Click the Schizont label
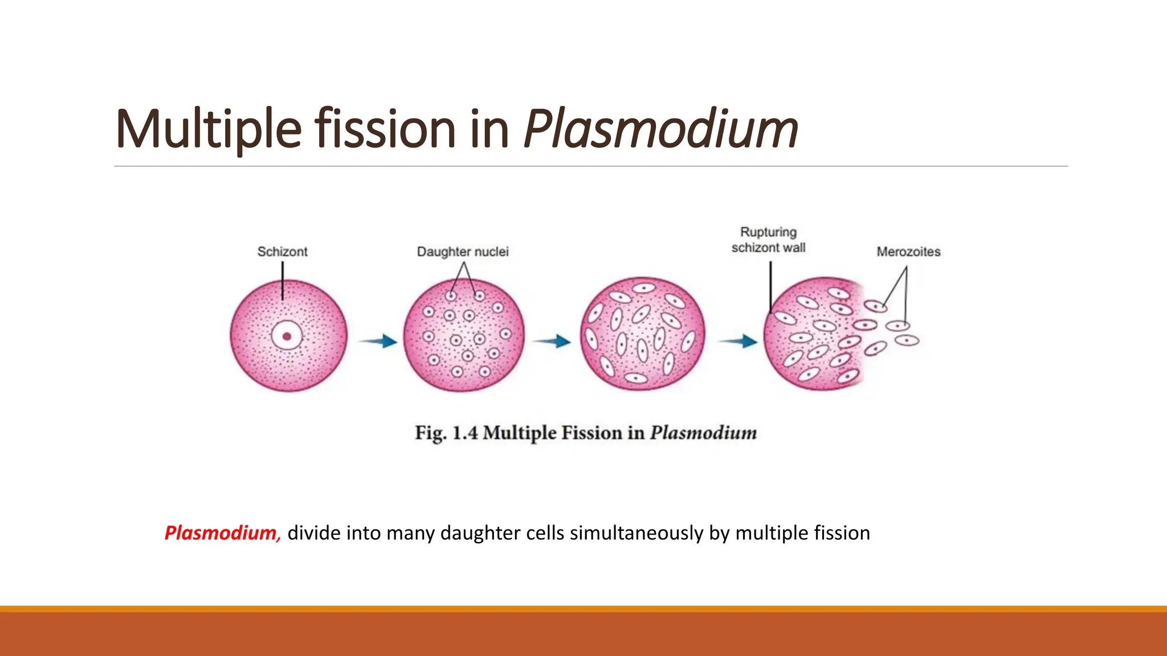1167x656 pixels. [x=282, y=252]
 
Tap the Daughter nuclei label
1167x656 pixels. [x=462, y=252]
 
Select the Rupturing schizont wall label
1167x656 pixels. [x=768, y=240]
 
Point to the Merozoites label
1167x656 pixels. [x=908, y=252]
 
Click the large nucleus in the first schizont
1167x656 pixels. [x=287, y=336]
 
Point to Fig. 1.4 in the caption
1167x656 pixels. [x=446, y=433]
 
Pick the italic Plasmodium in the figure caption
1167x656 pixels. [x=704, y=433]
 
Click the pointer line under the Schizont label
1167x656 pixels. [x=283, y=281]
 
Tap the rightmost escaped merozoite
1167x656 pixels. [x=907, y=341]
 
